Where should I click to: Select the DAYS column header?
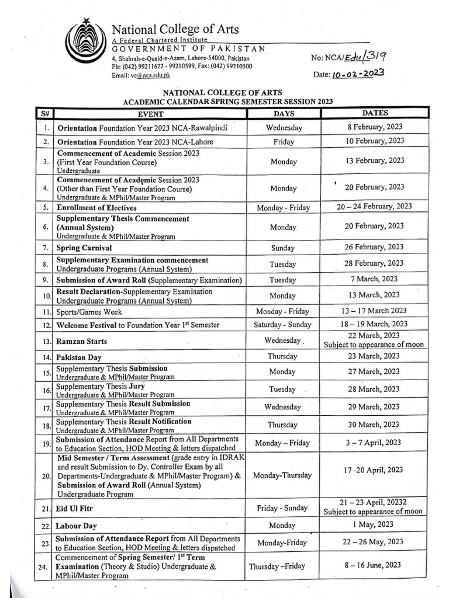tap(284, 114)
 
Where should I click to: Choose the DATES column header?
tap(374, 113)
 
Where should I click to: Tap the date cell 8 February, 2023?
tap(374, 127)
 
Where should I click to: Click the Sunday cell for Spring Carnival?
tap(284, 248)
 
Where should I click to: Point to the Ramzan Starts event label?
tap(82, 340)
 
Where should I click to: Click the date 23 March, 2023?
tap(374, 356)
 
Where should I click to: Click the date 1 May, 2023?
tap(374, 525)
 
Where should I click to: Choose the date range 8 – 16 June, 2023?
tap(374, 564)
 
